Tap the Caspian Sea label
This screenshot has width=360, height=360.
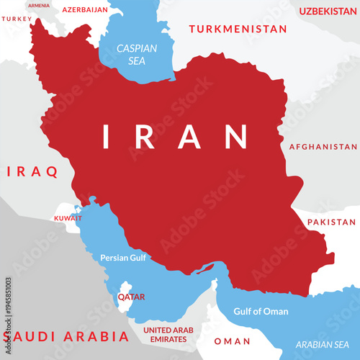(x=137, y=55)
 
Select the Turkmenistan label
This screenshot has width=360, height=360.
(x=238, y=30)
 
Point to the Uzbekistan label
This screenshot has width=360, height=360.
(x=328, y=12)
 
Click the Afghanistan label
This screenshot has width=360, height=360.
(x=323, y=146)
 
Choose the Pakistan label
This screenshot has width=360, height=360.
(x=332, y=222)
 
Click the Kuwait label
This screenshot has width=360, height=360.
(x=68, y=217)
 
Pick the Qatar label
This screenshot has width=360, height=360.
(x=132, y=297)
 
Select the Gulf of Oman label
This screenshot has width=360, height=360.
(x=261, y=312)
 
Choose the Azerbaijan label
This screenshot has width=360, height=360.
(x=85, y=10)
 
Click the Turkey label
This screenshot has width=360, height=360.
(x=17, y=19)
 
